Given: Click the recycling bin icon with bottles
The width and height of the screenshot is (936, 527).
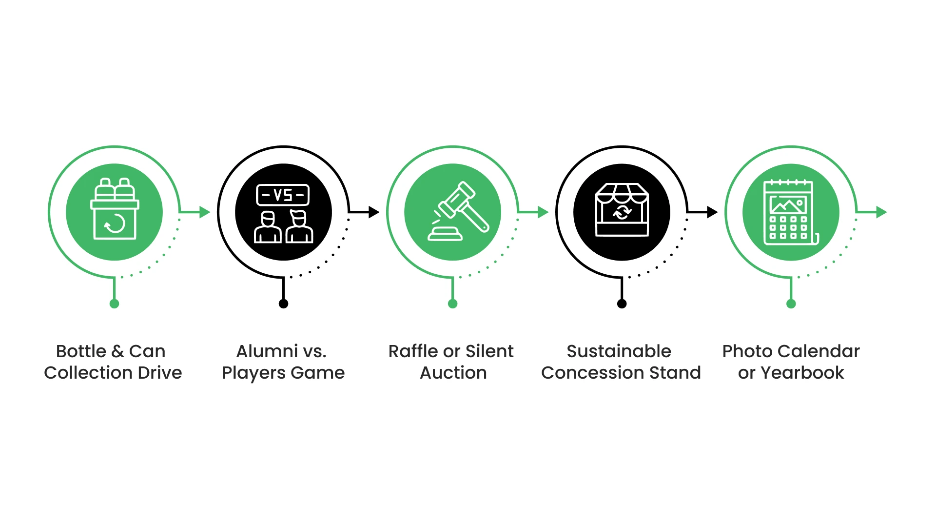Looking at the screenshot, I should click(115, 210).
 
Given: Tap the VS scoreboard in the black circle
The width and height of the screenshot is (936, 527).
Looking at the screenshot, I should click(283, 195).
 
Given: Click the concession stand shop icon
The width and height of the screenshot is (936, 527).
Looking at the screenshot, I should click(622, 210).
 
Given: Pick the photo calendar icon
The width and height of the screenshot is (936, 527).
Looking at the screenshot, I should click(790, 212).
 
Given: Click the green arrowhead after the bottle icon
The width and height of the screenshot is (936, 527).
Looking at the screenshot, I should click(205, 212).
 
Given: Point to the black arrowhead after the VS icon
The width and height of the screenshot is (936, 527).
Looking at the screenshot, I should click(374, 212).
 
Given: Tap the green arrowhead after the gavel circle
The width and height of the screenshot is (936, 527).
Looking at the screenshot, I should click(543, 212).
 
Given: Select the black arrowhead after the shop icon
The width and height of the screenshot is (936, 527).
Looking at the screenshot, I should click(712, 212).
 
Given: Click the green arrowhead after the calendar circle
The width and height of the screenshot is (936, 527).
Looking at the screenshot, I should click(881, 212).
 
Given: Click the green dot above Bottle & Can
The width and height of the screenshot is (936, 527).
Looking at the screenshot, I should click(115, 304).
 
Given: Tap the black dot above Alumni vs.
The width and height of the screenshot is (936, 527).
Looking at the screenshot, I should click(283, 304).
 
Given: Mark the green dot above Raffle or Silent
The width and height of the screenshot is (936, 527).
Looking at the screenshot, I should click(452, 304).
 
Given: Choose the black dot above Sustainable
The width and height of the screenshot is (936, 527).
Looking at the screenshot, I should click(622, 304).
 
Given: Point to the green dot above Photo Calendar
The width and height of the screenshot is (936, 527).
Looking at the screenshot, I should click(791, 304).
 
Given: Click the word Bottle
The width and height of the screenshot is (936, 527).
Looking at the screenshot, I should click(81, 351).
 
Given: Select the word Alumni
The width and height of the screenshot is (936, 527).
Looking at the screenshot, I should click(267, 351).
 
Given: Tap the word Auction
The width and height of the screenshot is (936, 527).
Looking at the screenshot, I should click(453, 373).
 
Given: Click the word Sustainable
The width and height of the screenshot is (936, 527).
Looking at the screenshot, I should click(619, 351).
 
